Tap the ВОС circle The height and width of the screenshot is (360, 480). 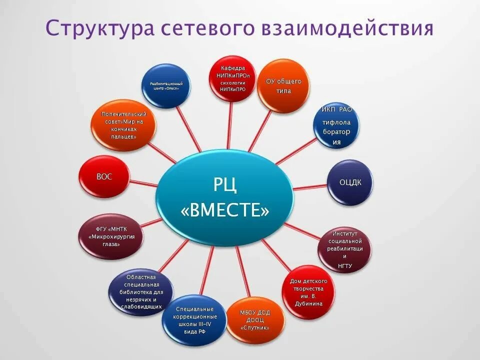pos(104,177)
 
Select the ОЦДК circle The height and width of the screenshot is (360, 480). pos(349,182)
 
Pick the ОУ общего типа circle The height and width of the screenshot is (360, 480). pos(283,86)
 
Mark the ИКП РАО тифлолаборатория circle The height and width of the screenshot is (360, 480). pos(336,125)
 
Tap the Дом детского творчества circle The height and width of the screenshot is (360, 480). pos(308,292)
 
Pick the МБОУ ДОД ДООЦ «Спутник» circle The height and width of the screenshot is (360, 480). pos(255,320)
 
